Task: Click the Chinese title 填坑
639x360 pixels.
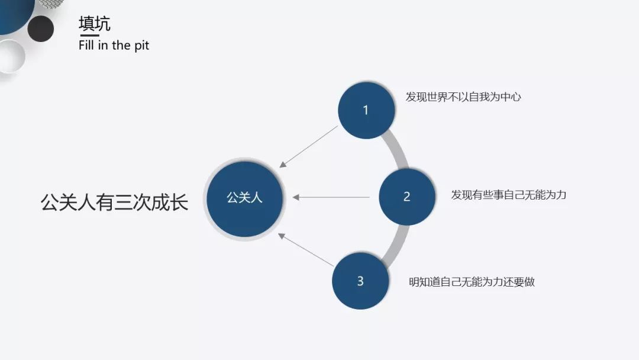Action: (x=94, y=24)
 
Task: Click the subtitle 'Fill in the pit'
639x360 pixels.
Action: (x=114, y=46)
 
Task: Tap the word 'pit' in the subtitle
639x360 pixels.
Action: (x=141, y=46)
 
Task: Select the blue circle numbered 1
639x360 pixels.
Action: (x=366, y=110)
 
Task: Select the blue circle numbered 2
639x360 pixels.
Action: (x=406, y=197)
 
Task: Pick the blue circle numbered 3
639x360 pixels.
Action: (x=360, y=281)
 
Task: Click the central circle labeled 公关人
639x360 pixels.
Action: (x=244, y=198)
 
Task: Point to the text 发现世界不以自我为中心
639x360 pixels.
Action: (x=463, y=97)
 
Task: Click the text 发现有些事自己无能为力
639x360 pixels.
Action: (x=508, y=195)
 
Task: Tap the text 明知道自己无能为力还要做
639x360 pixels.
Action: (x=472, y=282)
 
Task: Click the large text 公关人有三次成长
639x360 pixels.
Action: (x=114, y=202)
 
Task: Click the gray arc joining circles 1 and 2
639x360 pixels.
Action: (x=398, y=152)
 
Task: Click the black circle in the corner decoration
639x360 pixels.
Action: (x=40, y=28)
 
